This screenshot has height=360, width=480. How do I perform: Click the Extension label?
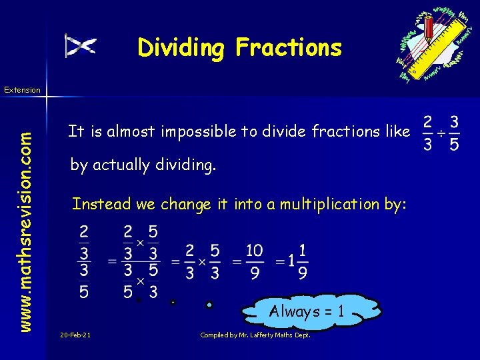click(x=22, y=89)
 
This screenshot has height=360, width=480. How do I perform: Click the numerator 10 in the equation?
click(x=253, y=250)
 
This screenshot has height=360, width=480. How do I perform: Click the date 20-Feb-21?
click(x=75, y=334)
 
